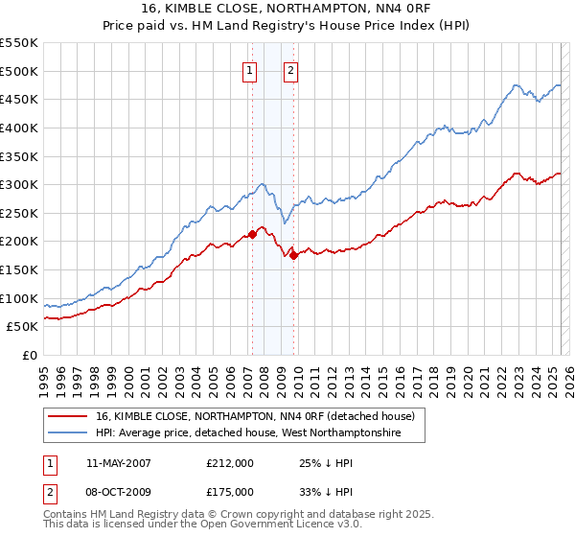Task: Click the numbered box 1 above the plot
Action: coord(249,69)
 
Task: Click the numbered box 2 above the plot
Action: coord(289,69)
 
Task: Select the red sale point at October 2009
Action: coord(293,255)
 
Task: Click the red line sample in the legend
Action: coord(67,417)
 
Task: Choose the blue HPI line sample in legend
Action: coord(67,433)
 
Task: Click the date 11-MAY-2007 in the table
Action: coord(119,463)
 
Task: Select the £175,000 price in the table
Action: coord(230,492)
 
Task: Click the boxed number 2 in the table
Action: coord(50,492)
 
